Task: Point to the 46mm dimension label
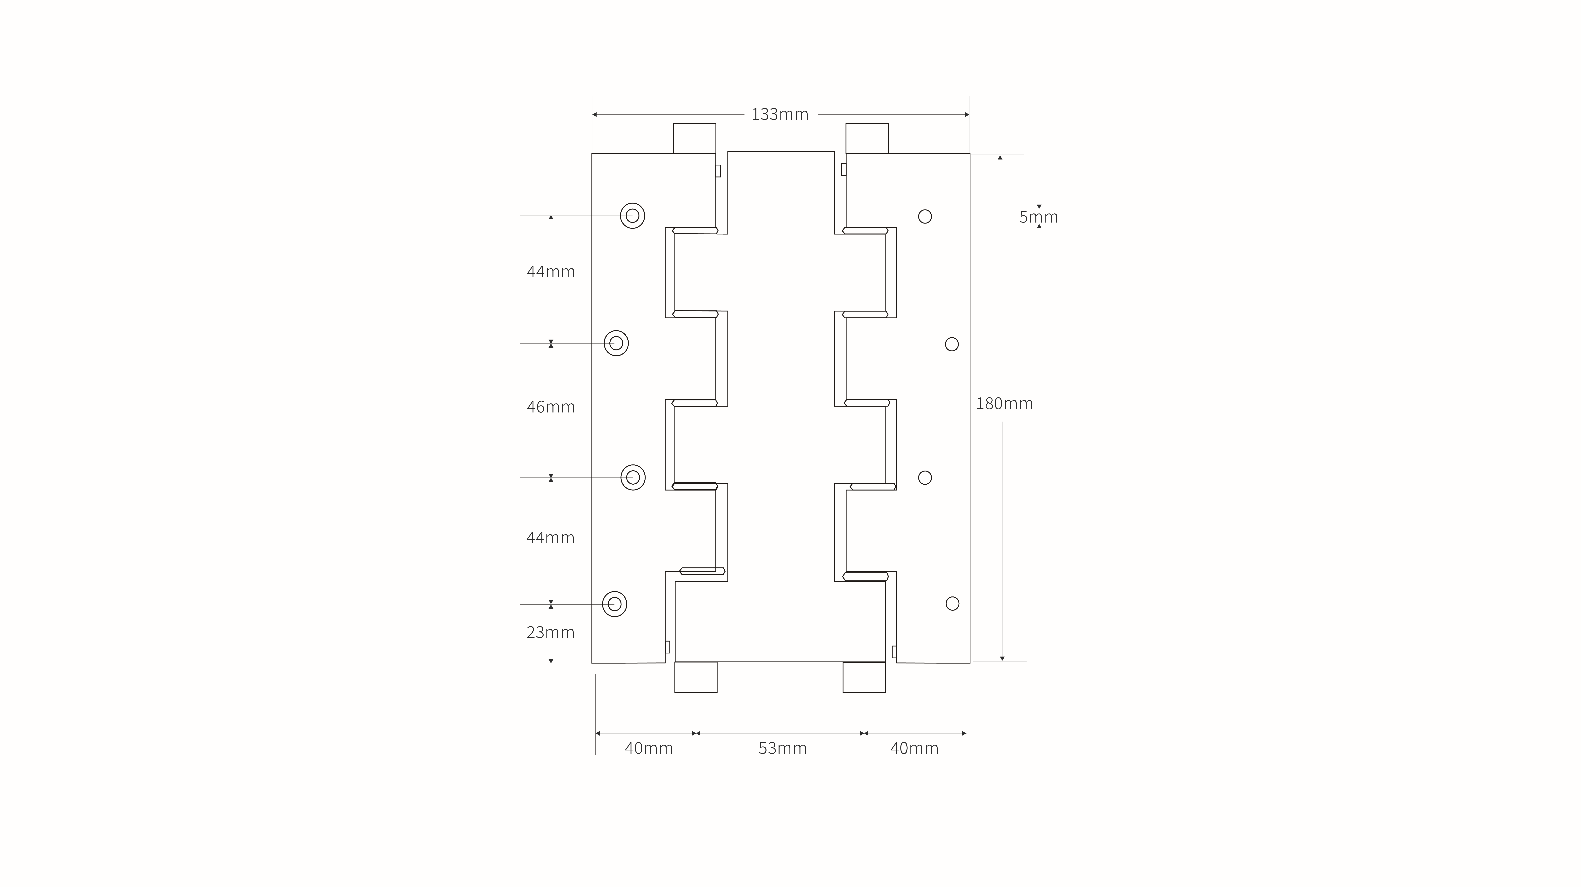[x=551, y=407]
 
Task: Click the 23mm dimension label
[x=551, y=632]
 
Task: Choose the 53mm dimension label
[x=782, y=748]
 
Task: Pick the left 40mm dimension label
[x=649, y=748]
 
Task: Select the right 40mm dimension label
[x=914, y=748]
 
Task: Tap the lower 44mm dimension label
[x=551, y=538]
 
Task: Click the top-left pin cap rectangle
[x=695, y=139]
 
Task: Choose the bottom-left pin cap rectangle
[x=696, y=677]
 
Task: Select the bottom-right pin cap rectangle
[x=864, y=677]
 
